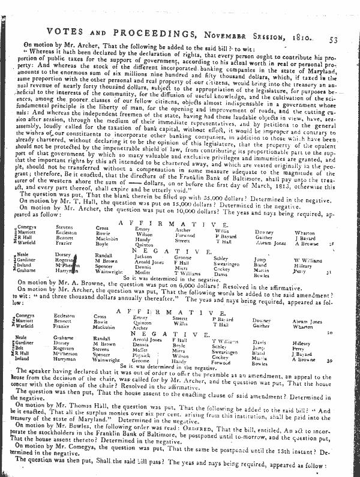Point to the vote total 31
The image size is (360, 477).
pos(344,272)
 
